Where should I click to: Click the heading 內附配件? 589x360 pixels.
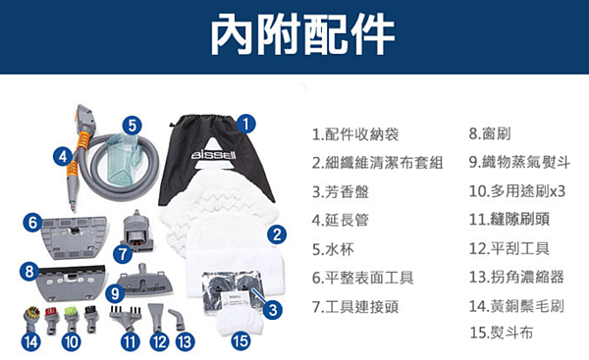pos(302,34)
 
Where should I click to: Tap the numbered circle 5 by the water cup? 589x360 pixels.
pos(132,125)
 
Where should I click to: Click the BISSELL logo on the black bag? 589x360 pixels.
pos(214,155)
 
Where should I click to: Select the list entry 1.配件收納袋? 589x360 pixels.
pos(355,134)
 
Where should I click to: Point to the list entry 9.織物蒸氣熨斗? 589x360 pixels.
pos(519,162)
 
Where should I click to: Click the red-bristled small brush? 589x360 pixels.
pos(51,320)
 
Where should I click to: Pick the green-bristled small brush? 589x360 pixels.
pos(71,320)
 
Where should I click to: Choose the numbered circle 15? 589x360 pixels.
pos(241,341)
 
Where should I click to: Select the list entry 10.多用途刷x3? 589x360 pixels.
pos(517,191)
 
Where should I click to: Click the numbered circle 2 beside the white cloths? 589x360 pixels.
pos(277,234)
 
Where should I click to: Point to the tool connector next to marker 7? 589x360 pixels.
pos(136,231)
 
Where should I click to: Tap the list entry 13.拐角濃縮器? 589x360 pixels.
pos(516,277)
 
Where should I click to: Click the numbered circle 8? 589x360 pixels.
pos(29,271)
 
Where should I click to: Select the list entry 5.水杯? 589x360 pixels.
pos(333,249)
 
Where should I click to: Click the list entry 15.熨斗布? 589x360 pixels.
pos(501,333)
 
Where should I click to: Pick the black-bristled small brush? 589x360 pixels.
pos(90,319)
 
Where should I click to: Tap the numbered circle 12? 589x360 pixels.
pos(159,342)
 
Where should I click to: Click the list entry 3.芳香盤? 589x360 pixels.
pos(341,192)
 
